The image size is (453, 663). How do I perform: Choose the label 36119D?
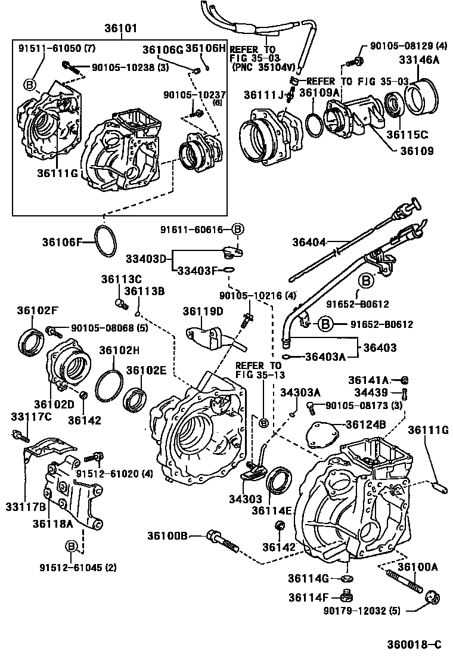(x=203, y=311)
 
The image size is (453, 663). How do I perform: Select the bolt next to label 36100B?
(x=222, y=539)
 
